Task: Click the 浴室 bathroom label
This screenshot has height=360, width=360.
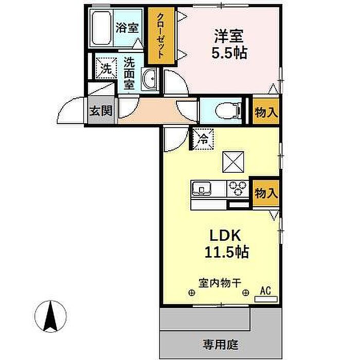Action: [127, 28]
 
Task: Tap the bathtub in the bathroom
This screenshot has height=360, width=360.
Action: [102, 28]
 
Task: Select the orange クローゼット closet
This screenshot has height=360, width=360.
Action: [161, 35]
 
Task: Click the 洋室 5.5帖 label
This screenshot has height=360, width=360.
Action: [229, 44]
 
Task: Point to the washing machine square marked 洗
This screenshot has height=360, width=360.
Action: [106, 68]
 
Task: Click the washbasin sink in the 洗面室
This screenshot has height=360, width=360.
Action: [149, 79]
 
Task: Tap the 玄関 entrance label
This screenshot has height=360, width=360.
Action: [101, 111]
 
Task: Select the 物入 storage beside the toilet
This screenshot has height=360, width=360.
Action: [266, 112]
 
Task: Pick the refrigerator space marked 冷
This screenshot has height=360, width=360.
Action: [203, 139]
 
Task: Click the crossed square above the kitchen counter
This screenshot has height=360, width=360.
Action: [233, 162]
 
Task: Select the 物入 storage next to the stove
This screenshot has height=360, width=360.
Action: [266, 193]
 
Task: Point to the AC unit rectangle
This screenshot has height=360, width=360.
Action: [266, 299]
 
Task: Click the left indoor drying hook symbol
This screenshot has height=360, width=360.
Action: [191, 293]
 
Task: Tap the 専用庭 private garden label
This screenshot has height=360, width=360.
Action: [221, 345]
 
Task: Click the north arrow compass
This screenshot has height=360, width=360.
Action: [50, 316]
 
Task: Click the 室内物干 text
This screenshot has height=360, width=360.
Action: [220, 283]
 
